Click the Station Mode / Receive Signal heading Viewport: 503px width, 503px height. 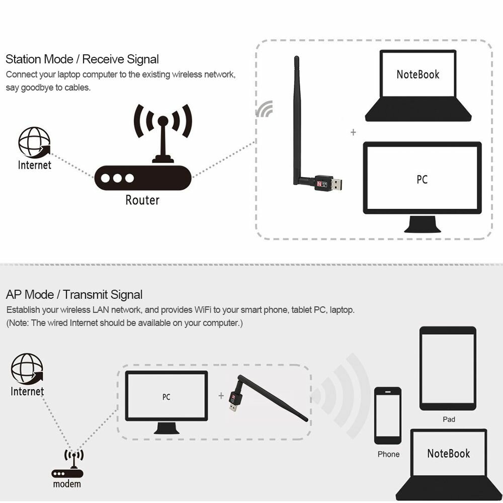(82, 59)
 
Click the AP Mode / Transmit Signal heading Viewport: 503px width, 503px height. (74, 295)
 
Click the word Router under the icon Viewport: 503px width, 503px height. (142, 200)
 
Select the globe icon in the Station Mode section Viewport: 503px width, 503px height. (34, 142)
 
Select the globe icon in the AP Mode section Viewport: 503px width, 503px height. (27, 368)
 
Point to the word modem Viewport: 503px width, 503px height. (67, 484)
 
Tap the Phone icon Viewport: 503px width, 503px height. (388, 415)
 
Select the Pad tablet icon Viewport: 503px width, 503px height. (448, 369)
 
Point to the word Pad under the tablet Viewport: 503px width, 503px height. (449, 419)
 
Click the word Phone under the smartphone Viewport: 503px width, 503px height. (388, 454)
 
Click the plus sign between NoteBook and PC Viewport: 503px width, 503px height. (353, 132)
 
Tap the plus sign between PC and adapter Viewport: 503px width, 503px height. (221, 396)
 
